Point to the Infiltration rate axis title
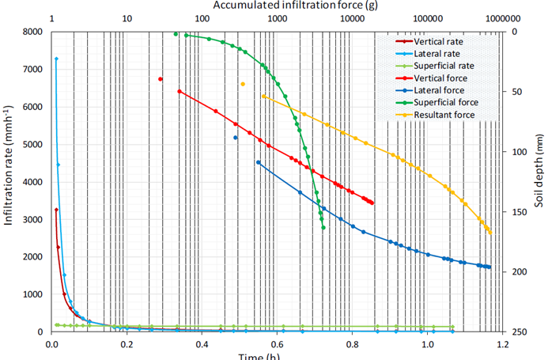click(9, 181)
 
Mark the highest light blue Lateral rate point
click(56, 59)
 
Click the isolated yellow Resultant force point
click(243, 84)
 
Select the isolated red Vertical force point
click(161, 79)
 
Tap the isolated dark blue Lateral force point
click(236, 138)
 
